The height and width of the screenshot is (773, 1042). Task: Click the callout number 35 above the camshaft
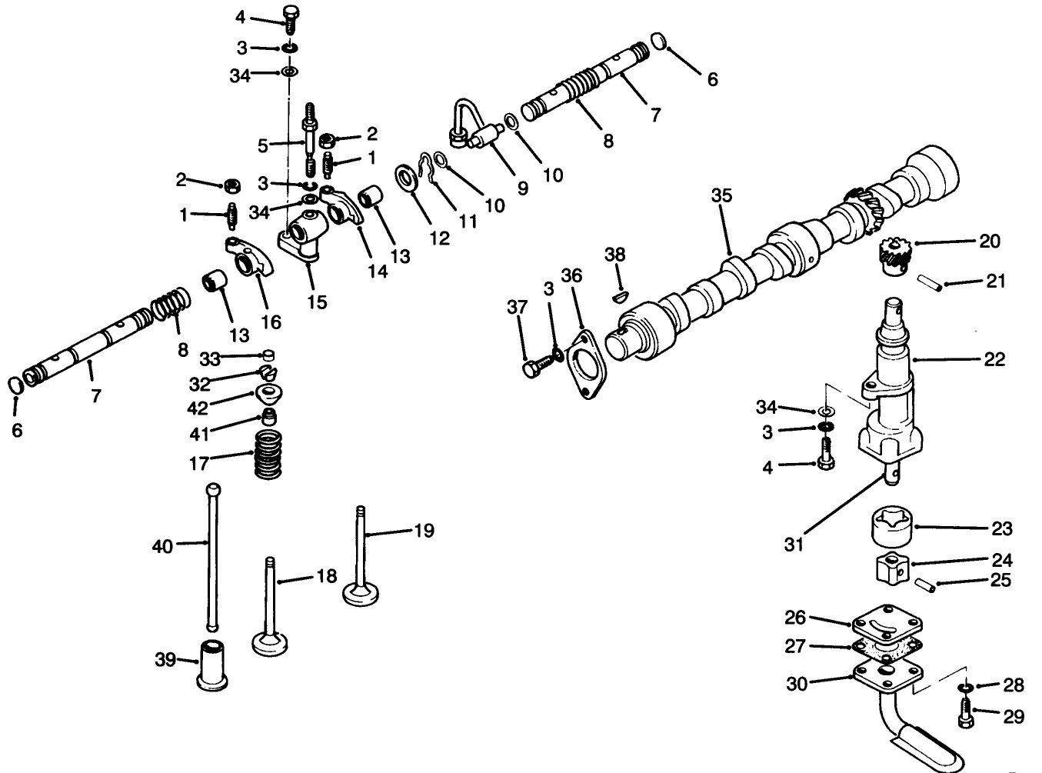click(x=722, y=195)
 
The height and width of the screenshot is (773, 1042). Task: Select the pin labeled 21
click(x=929, y=283)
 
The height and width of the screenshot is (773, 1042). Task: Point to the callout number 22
click(x=994, y=359)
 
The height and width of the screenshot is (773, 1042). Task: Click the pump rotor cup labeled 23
click(x=891, y=529)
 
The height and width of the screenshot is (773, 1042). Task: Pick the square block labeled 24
click(x=891, y=570)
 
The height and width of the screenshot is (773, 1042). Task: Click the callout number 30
click(x=797, y=683)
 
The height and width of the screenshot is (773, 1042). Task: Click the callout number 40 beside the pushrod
click(x=163, y=546)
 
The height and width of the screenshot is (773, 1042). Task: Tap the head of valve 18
click(x=270, y=641)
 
